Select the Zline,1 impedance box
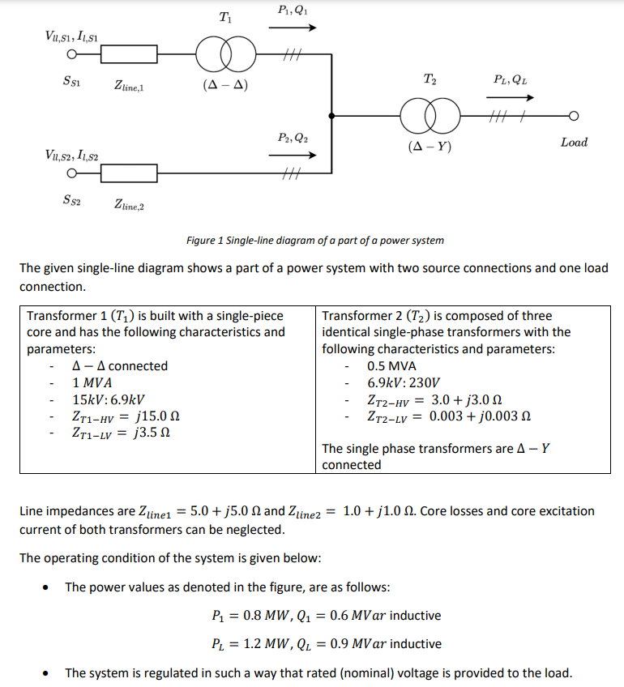(129, 54)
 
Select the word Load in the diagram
(574, 143)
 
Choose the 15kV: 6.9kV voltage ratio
(109, 399)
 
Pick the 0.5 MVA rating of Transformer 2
(391, 366)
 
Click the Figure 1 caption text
(314, 241)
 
